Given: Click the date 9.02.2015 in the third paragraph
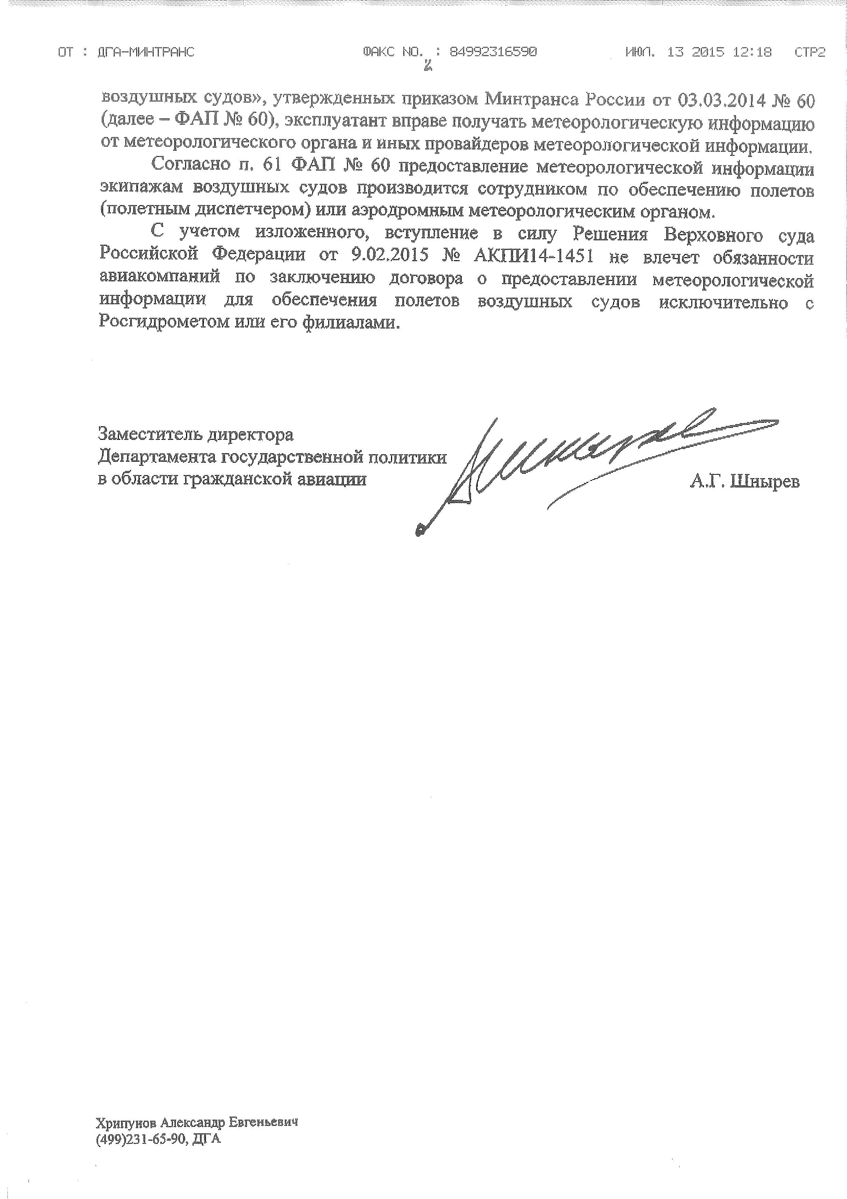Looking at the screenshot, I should tap(386, 257).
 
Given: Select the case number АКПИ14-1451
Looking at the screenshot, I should tap(533, 257).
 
